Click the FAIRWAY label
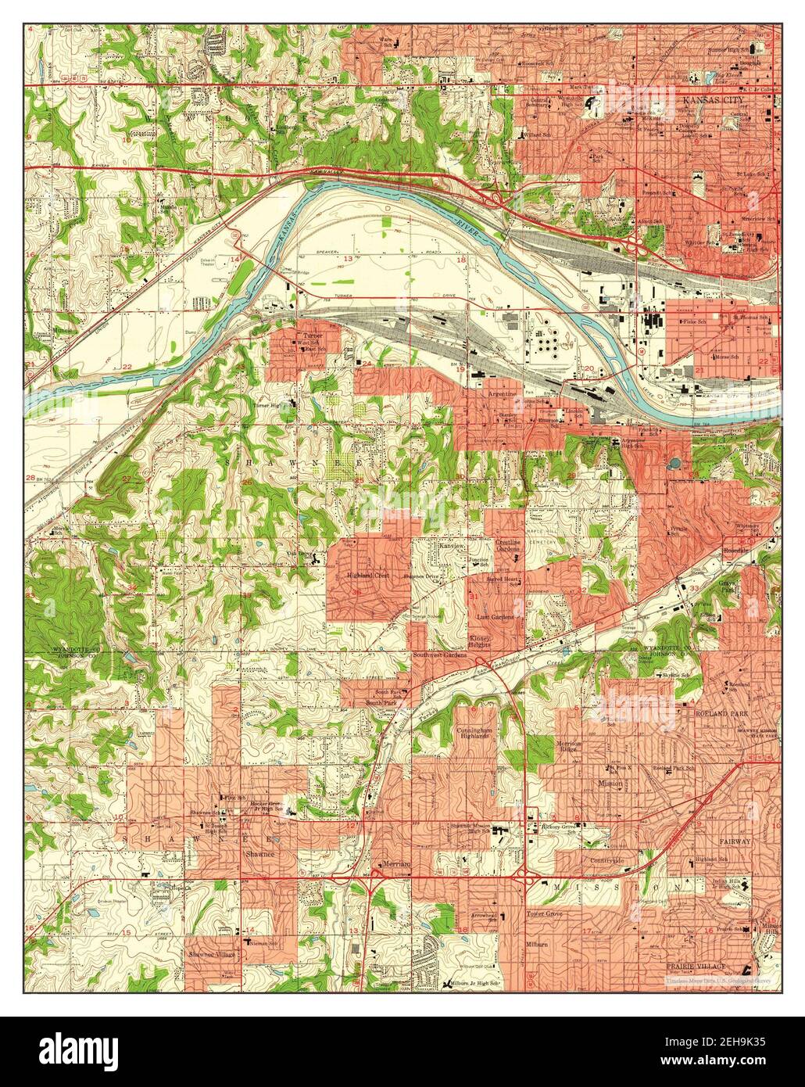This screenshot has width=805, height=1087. point(735,841)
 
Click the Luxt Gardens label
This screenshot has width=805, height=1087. point(496,617)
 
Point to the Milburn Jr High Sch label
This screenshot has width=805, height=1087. point(475,983)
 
